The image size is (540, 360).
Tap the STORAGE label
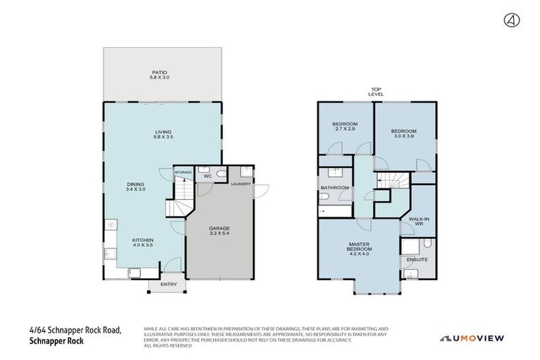(183, 172)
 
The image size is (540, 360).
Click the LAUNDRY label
(240, 184)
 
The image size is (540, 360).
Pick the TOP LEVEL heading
(375, 91)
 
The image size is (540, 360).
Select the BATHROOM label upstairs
(335, 188)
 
